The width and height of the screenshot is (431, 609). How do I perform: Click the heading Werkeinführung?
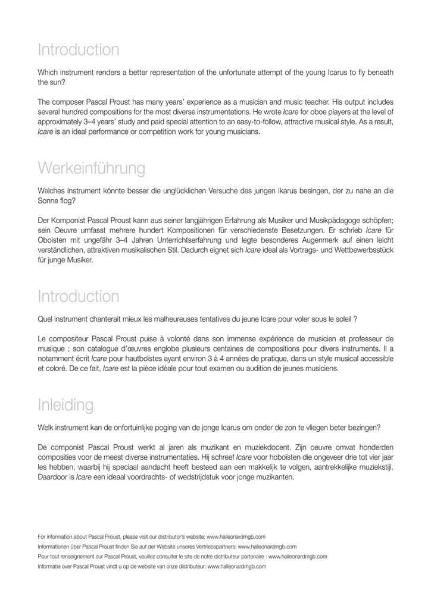tap(91, 168)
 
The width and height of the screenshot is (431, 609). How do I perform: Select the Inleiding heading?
tap(65, 405)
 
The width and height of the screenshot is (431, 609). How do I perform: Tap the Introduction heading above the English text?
tap(78, 49)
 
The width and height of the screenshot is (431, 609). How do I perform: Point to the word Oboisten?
tap(54, 241)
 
